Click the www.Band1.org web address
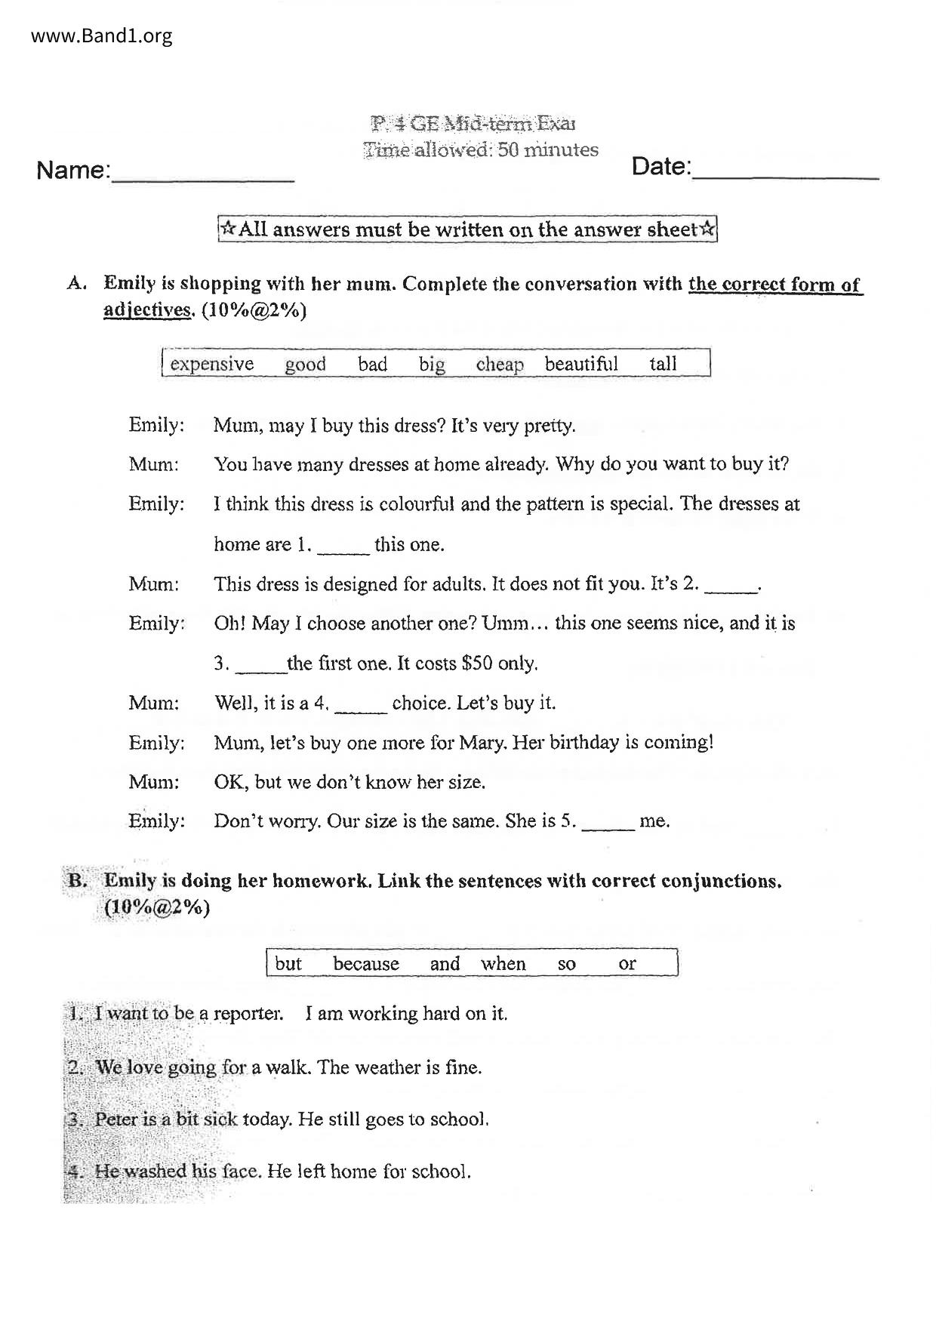point(102,35)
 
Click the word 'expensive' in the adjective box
point(212,364)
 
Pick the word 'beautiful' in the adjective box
point(581,364)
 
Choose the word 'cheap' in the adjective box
point(500,364)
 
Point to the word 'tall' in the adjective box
point(663,364)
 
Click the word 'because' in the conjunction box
point(366,964)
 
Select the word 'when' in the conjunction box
point(503,964)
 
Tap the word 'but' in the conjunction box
point(288,964)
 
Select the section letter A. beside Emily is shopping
point(76,284)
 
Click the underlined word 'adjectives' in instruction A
point(147,310)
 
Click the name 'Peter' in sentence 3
point(116,1119)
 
